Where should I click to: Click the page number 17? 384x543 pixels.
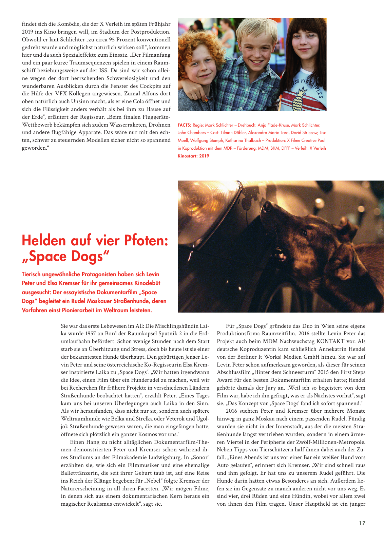click(x=362, y=523)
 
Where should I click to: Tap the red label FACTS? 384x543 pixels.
click(x=184, y=125)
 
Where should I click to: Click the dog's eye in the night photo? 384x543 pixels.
click(x=304, y=233)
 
